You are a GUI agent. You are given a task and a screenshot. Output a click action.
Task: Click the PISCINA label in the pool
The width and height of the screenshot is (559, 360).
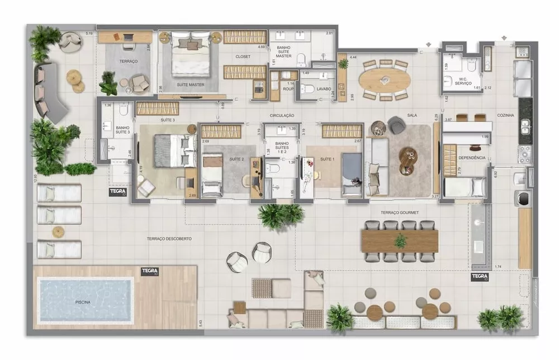coord(83,302)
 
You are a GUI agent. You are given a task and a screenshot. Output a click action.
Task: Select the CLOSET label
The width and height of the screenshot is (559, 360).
coord(243,56)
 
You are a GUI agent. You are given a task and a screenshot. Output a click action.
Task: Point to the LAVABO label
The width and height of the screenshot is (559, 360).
coord(323,89)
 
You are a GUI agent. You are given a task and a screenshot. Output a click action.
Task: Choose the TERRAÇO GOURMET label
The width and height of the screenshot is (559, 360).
coord(400,212)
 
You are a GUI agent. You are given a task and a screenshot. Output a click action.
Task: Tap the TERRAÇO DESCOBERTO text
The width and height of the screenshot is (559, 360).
coord(169,238)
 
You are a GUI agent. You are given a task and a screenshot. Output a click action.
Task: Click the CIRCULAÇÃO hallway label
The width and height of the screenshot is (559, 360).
coord(282,115)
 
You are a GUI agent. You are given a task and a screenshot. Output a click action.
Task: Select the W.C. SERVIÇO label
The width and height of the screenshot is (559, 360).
coord(463,81)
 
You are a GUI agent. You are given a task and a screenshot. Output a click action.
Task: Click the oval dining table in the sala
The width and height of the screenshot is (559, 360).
coord(385,80)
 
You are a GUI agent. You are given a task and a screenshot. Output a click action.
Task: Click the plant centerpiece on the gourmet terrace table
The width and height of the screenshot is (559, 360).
coord(400,241)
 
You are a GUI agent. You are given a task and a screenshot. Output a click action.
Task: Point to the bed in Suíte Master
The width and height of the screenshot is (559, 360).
coord(191,56)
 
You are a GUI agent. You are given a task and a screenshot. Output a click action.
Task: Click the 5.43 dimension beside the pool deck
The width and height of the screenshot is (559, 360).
coord(200,323)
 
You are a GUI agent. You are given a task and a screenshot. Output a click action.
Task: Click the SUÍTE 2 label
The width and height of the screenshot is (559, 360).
coord(237,159)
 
